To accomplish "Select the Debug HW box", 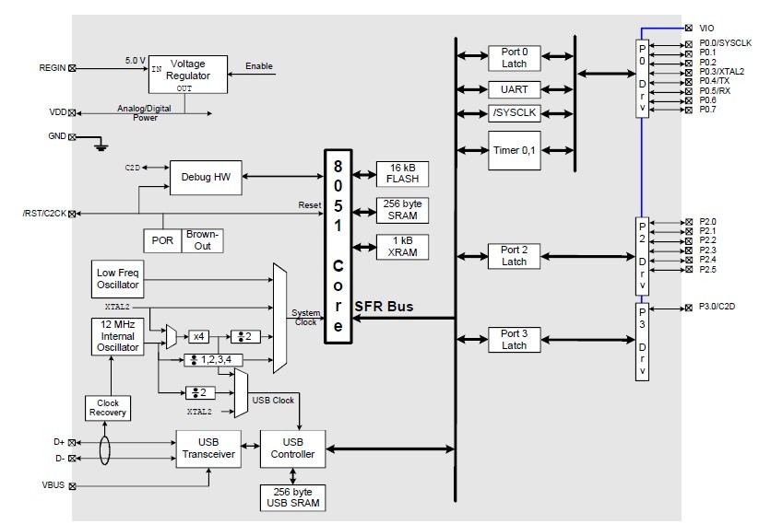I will [206, 176].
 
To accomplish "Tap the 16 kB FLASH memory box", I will [403, 173].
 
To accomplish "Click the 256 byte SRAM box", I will [403, 209].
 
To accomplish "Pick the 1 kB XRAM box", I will [403, 246].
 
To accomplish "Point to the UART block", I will [514, 89].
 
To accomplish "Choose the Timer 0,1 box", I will [514, 150].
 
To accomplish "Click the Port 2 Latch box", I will [514, 256].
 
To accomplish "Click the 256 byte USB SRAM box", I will [293, 496].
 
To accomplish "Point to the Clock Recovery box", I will [108, 408].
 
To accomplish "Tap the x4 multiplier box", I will [199, 336].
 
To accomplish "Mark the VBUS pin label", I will [53, 485].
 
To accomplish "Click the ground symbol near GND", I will [101, 143].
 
